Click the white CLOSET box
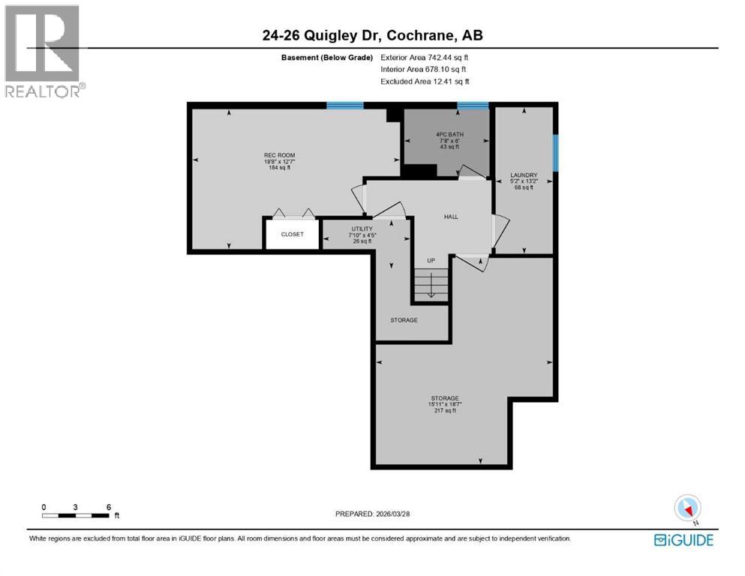click(292, 234)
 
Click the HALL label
click(450, 217)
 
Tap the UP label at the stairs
click(431, 261)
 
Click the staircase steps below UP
click(431, 286)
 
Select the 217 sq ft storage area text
click(445, 411)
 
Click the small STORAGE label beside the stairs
click(404, 319)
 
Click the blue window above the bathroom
click(473, 106)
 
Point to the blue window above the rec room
click(345, 106)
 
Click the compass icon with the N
click(688, 508)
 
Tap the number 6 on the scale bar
click(109, 507)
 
